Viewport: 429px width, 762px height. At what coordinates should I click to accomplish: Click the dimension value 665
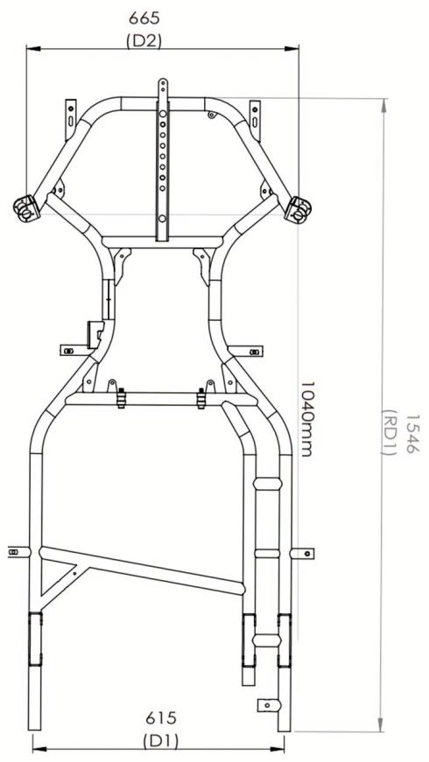pyautogui.click(x=144, y=19)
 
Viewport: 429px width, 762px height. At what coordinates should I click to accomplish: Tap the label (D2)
pyautogui.click(x=144, y=41)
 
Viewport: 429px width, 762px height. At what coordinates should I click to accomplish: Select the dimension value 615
pyautogui.click(x=161, y=717)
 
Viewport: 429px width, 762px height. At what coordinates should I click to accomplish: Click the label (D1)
pyautogui.click(x=161, y=742)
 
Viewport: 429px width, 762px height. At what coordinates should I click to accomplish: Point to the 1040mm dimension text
pyautogui.click(x=306, y=419)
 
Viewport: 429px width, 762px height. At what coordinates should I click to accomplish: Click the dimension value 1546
pyautogui.click(x=412, y=434)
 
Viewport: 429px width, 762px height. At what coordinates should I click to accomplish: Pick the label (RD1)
pyautogui.click(x=390, y=433)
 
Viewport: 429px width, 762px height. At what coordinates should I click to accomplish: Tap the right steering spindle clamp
pyautogui.click(x=299, y=209)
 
